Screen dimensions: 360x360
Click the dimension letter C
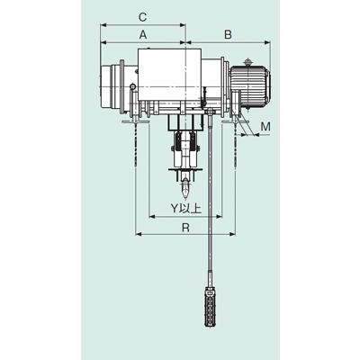(143, 17)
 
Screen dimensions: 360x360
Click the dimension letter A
(143, 35)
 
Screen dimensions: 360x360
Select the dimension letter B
(228, 35)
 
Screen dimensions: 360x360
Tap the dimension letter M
(265, 127)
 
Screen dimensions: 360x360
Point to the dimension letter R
(185, 228)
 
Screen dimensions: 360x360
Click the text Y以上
(186, 208)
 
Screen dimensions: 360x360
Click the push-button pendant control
(210, 307)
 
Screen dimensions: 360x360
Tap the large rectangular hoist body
(169, 75)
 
